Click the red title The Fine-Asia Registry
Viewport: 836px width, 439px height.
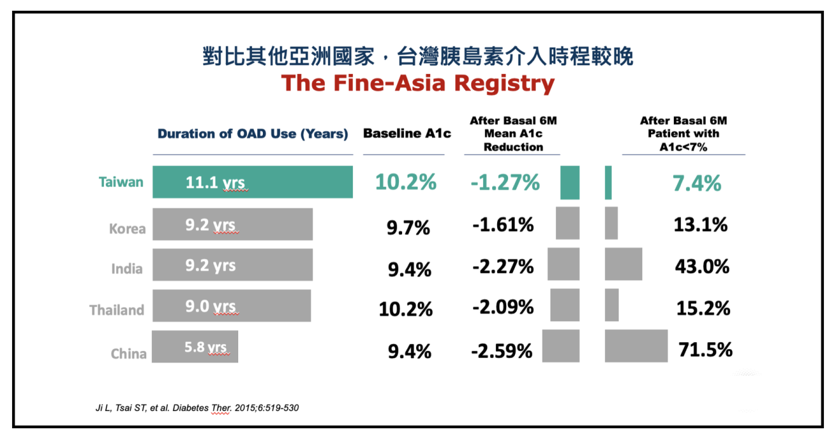tap(417, 84)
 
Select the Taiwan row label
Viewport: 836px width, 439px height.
tap(121, 182)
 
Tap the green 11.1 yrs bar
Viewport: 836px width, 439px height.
tap(252, 182)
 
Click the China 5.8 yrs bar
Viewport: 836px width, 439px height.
tap(195, 347)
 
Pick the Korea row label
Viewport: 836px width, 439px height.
tap(127, 229)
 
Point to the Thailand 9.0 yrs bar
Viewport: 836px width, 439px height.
tap(231, 306)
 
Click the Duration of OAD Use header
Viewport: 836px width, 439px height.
tap(253, 134)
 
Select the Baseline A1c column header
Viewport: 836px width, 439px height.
tap(407, 134)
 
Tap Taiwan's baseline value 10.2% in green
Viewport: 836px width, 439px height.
tap(406, 182)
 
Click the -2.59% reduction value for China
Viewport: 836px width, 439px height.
tap(502, 350)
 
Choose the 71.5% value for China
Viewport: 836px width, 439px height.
tap(705, 349)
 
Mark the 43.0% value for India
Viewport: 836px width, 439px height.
tap(702, 266)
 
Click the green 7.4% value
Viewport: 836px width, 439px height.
tap(696, 184)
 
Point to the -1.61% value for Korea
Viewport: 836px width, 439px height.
tap(503, 224)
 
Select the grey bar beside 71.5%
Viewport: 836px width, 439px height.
tap(636, 346)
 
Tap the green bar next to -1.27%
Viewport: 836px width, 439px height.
tap(570, 182)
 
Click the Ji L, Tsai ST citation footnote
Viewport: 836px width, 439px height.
tap(197, 408)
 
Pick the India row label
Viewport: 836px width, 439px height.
tap(127, 269)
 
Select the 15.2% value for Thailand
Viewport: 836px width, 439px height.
tap(703, 308)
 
